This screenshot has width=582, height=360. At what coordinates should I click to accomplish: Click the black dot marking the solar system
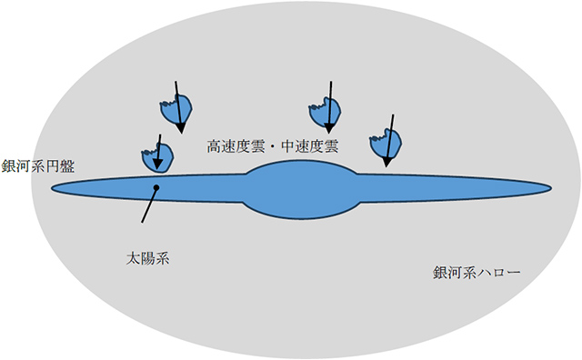tap(157, 187)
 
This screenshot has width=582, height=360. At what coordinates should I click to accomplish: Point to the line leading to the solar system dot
tap(150, 205)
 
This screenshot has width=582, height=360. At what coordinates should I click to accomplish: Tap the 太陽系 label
tap(148, 258)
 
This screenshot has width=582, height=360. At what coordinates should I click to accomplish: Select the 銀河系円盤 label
tap(38, 166)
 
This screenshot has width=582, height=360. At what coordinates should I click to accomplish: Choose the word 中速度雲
tap(309, 145)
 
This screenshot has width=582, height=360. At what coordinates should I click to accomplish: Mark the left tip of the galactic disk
tap(53, 188)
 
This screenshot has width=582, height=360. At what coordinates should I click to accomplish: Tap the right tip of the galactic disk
tap(551, 188)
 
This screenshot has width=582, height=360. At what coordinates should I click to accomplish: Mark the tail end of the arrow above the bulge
tap(331, 81)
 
